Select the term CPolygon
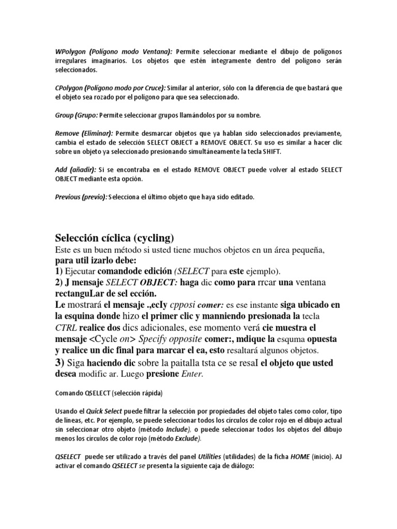click(x=68, y=88)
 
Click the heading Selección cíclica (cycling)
click(x=115, y=238)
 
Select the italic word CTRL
click(x=66, y=328)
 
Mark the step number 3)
click(x=59, y=363)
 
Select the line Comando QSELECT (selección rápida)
click(x=109, y=394)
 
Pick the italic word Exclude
click(x=186, y=439)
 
